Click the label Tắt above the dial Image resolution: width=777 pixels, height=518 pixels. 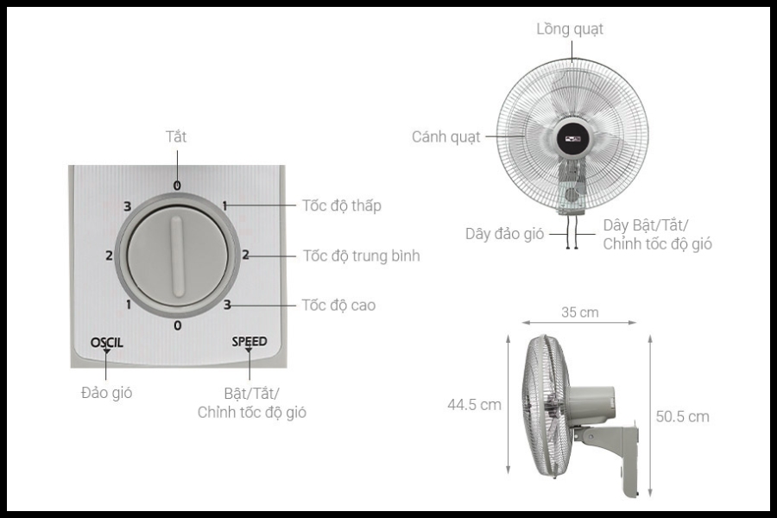pos(176,136)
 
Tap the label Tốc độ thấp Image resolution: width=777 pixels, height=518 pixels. pos(342,205)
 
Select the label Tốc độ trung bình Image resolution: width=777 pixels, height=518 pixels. pos(361,256)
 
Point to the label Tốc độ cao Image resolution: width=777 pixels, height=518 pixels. pos(339,305)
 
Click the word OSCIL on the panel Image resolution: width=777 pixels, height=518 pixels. pos(106,342)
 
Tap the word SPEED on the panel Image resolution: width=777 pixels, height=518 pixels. pos(250,341)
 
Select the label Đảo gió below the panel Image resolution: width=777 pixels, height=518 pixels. pos(106,393)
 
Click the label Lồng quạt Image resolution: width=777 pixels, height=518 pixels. pos(570,29)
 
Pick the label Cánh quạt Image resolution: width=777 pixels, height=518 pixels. pos(446,136)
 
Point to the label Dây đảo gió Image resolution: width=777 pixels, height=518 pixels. pos(504,233)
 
